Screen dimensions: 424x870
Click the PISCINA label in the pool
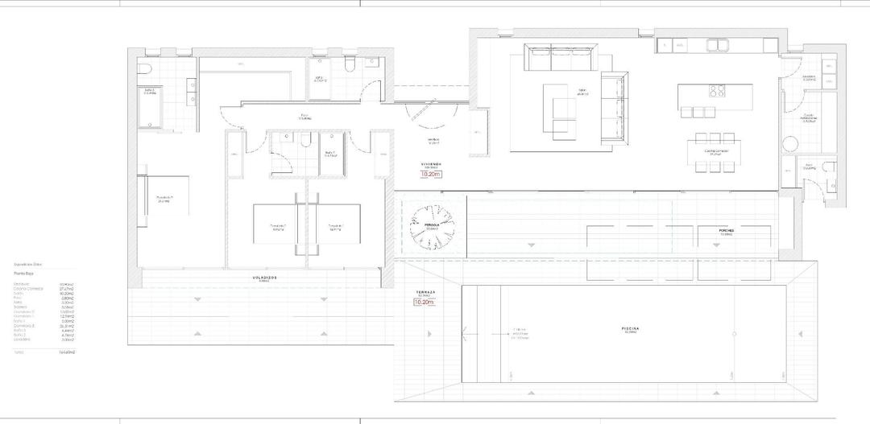point(631,329)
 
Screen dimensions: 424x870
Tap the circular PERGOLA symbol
point(433,225)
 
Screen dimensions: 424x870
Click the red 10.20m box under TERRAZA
point(425,303)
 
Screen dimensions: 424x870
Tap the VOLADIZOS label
point(265,277)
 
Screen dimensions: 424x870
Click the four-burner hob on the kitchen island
point(717,90)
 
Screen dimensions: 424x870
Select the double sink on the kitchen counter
point(717,44)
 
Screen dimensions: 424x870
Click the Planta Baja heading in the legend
point(25,274)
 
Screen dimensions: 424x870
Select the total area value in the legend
point(67,352)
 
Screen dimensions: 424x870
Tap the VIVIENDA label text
point(433,163)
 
